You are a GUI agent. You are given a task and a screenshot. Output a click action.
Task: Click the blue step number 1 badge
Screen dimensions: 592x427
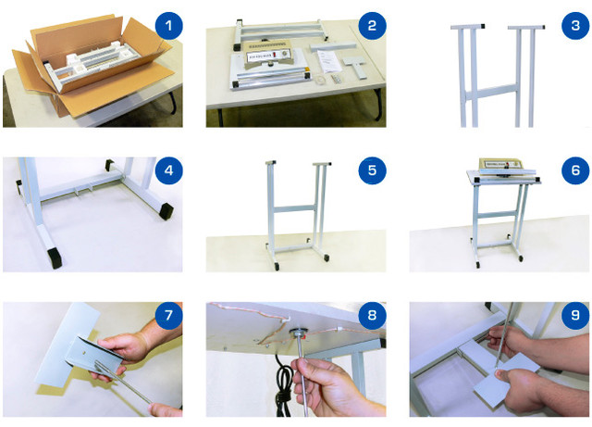point(168,26)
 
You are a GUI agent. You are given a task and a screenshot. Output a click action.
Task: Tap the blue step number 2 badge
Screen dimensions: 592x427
point(372,26)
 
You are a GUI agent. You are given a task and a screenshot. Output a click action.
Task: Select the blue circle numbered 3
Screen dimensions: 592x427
point(575,26)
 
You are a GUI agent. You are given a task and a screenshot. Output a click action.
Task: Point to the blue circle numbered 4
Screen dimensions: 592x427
point(168,170)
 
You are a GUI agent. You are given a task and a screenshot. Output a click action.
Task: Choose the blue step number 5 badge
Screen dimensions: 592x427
point(372,170)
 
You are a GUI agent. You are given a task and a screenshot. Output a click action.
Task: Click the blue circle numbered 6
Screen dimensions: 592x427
point(575,170)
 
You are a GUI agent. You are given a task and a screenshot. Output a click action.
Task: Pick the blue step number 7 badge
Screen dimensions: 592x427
point(168,315)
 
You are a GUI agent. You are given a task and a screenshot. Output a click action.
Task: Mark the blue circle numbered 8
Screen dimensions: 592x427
point(372,315)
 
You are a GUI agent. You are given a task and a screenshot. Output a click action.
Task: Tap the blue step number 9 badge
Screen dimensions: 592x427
point(575,315)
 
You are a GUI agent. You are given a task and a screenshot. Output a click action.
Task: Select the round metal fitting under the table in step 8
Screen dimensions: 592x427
point(298,333)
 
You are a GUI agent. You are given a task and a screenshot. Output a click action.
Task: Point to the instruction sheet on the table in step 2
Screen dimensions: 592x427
point(329,61)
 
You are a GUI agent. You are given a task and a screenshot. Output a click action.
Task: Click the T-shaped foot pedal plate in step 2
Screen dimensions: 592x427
point(355,68)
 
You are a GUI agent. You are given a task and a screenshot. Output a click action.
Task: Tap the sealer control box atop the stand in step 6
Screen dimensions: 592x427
point(501,164)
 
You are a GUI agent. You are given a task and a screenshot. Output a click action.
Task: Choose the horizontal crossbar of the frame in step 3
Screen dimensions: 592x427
point(492,93)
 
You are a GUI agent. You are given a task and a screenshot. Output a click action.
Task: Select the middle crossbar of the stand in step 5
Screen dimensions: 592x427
point(294,208)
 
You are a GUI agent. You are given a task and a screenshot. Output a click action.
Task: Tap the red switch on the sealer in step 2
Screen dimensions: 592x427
point(276,55)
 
